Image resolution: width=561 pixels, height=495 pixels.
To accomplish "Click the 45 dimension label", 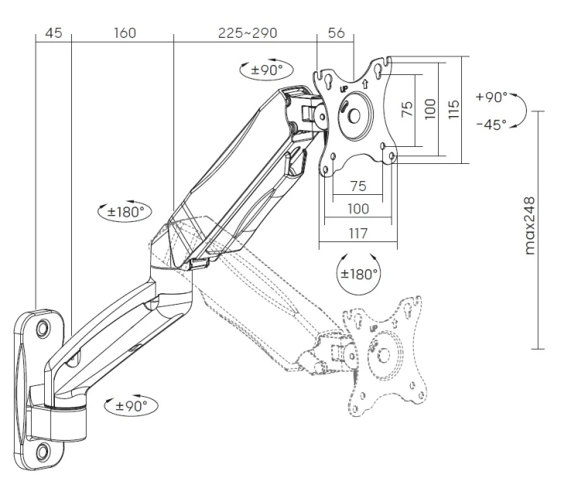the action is pos(53,33).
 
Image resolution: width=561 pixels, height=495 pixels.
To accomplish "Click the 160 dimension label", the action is pos(125,33).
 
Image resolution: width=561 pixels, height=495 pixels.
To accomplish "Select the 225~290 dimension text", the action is pos(248,33).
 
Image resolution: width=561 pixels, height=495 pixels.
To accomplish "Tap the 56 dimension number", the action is pos(337,33).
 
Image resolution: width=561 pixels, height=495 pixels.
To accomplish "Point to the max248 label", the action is pos(529,225).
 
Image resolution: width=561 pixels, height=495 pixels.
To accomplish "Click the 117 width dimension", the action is pos(358,234).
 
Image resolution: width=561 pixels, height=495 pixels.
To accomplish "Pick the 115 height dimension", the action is pos(453,110).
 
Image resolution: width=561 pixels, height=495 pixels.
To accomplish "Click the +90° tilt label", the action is pos(491,97).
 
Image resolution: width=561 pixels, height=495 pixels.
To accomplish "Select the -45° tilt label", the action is pos(491,125).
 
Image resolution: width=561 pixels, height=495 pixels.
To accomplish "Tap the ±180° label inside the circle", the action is pos(359,275).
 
